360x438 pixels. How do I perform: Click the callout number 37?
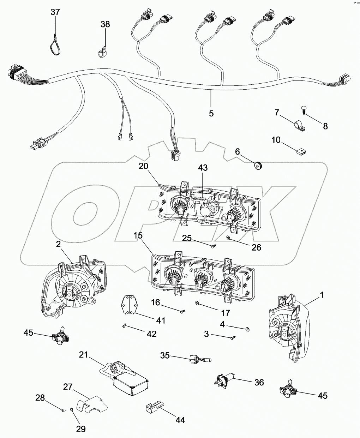(55, 12)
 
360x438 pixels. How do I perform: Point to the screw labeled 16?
(183, 311)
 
